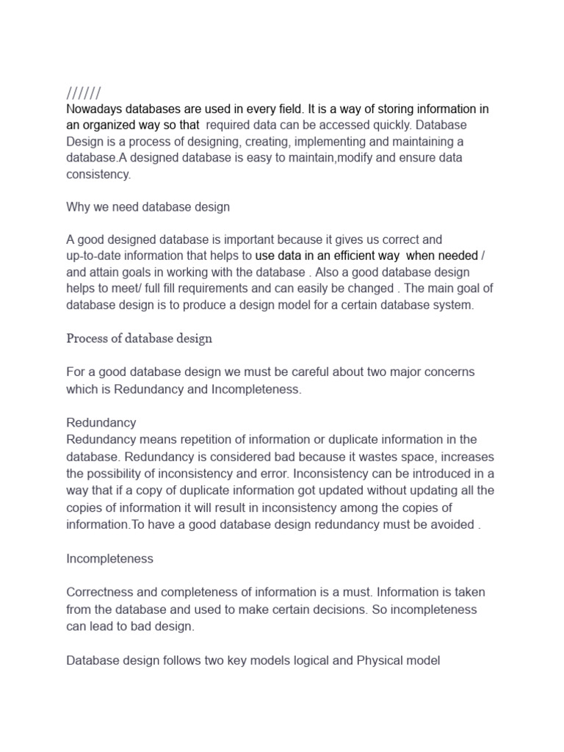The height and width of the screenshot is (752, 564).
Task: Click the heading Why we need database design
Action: point(148,207)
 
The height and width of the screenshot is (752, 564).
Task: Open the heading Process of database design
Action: point(140,339)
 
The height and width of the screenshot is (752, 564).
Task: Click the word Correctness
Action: point(101,592)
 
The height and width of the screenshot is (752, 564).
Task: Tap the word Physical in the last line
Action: point(377,660)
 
